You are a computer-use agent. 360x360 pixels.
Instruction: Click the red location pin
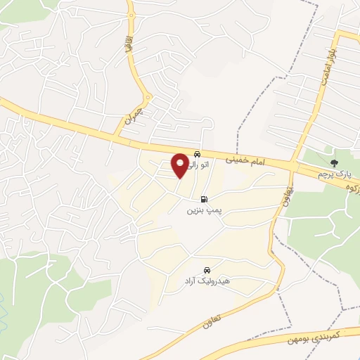click(x=180, y=166)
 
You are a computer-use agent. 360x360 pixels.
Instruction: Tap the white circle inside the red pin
click(x=180, y=162)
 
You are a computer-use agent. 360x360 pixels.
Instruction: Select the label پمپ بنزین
click(x=202, y=210)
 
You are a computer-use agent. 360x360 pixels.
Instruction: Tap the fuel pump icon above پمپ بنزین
click(x=204, y=199)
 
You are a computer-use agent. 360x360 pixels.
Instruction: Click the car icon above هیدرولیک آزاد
click(x=206, y=270)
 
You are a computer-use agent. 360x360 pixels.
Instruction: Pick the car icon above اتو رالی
click(x=198, y=153)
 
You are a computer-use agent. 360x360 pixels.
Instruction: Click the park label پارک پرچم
click(x=333, y=173)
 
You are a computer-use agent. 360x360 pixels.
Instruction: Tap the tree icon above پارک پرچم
click(x=333, y=153)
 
